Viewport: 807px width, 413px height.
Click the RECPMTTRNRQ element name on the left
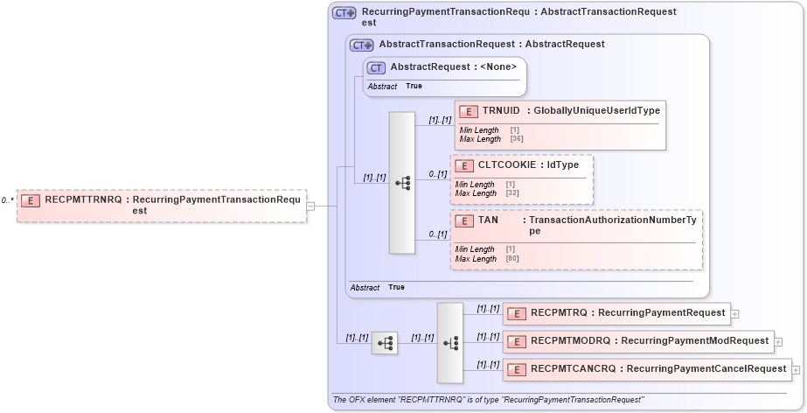pos(82,199)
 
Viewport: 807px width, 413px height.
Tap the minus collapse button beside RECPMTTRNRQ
pos(310,206)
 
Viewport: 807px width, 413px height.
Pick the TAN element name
pos(488,220)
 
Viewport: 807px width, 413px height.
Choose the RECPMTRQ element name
pos(560,312)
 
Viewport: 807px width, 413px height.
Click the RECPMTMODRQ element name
pos(568,340)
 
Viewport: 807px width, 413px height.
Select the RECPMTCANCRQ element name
pos(573,368)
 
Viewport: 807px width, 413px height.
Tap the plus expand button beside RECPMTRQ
pos(734,313)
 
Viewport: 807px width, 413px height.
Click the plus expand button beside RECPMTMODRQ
pos(778,341)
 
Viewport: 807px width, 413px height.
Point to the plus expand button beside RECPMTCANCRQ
pos(796,369)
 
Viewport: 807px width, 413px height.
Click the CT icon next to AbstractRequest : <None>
pos(376,67)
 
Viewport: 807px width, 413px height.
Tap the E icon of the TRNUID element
pos(468,111)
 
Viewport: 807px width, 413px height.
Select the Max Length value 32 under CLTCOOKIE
pos(511,193)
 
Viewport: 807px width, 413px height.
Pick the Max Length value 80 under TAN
pos(511,259)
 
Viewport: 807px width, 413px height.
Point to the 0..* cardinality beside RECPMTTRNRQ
pos(7,200)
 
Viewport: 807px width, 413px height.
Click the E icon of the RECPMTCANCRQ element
pos(516,369)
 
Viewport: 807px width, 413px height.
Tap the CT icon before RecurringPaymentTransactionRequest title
pos(344,13)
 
